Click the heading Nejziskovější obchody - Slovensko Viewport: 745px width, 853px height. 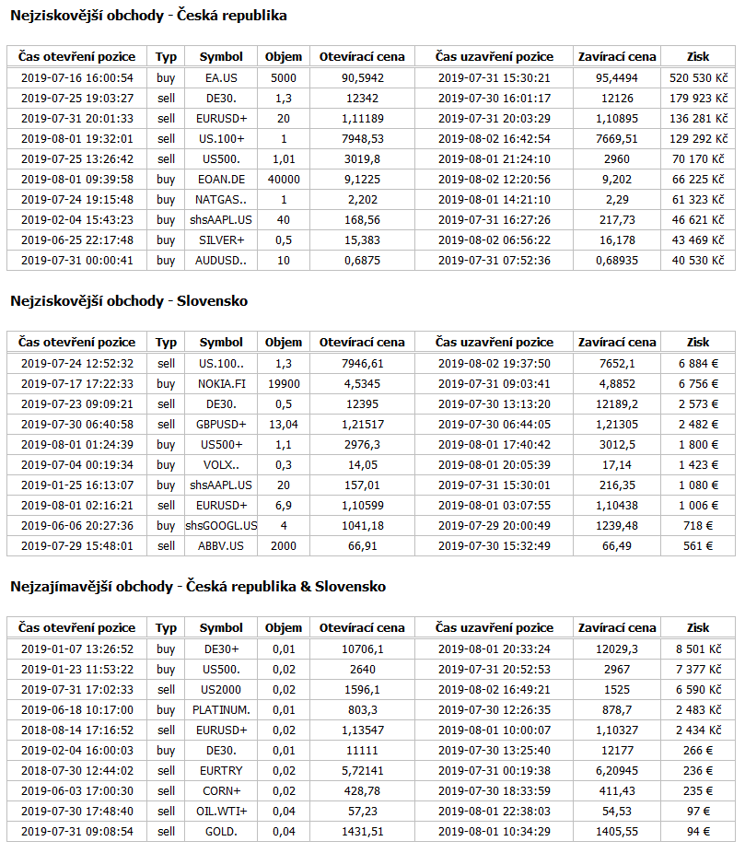coord(129,301)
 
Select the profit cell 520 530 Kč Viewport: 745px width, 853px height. coord(698,78)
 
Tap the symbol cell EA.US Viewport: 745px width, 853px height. coord(221,78)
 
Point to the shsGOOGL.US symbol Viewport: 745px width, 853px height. coord(221,526)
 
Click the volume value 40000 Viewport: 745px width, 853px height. coord(283,180)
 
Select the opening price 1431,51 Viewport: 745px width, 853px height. coord(362,832)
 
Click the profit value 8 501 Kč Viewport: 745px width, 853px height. coord(698,649)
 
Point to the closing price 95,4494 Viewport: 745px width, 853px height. coord(617,78)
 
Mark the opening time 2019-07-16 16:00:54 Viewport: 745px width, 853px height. coord(76,78)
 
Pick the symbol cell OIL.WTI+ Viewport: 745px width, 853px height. coord(221,812)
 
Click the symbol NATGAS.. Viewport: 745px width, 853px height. coord(221,200)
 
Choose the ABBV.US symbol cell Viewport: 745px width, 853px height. coord(221,546)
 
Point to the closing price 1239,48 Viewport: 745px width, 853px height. coord(617,526)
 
